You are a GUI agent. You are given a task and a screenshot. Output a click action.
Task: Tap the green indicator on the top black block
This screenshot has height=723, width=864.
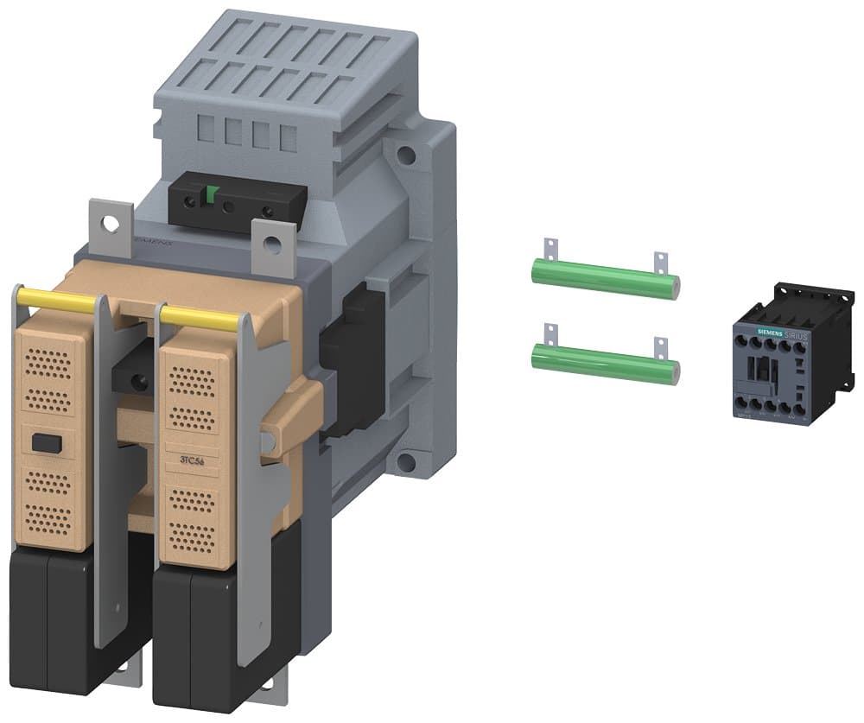(x=208, y=196)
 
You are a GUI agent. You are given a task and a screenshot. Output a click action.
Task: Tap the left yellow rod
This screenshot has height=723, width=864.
(x=57, y=301)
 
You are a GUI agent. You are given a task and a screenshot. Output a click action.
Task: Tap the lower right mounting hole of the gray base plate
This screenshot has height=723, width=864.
(x=403, y=460)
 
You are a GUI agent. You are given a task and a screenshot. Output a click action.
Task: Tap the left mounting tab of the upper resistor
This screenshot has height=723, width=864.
(x=546, y=251)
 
